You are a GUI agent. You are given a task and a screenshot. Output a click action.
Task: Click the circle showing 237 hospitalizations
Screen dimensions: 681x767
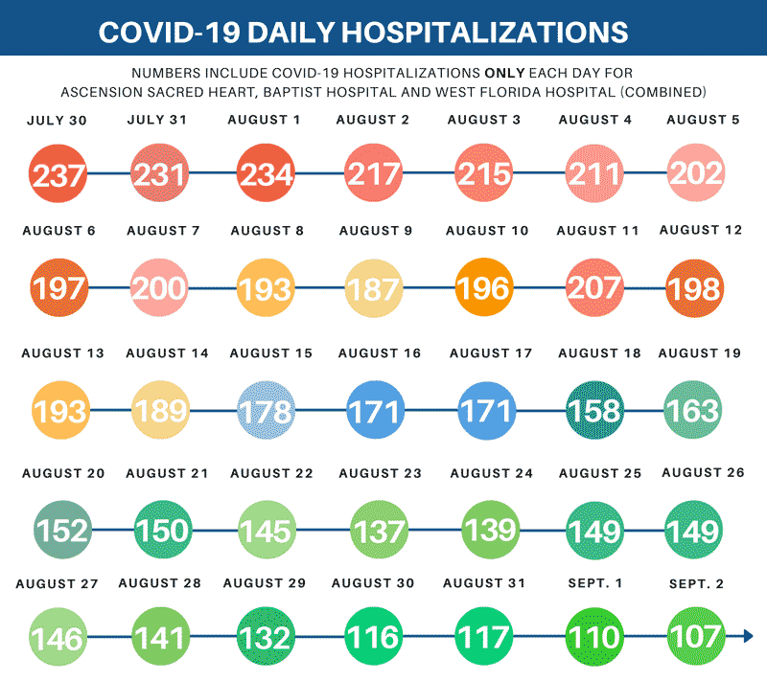tap(58, 174)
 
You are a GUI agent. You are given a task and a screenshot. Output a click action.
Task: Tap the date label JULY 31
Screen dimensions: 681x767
tap(157, 120)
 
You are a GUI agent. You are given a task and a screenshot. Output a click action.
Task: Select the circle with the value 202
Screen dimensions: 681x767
tap(696, 174)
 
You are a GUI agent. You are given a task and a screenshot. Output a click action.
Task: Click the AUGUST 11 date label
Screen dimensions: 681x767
tap(597, 231)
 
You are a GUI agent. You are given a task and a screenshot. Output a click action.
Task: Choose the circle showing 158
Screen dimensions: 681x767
tap(594, 410)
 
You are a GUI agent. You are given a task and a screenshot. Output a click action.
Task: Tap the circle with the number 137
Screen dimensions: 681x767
tap(379, 530)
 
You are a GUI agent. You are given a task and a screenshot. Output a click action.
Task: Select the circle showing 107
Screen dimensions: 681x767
tap(696, 636)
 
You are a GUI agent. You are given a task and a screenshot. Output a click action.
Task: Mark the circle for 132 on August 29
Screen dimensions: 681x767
tap(266, 636)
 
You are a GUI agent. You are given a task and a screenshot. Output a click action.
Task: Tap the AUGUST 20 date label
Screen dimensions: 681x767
tap(62, 473)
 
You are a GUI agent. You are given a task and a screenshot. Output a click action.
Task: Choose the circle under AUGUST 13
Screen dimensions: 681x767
tap(58, 410)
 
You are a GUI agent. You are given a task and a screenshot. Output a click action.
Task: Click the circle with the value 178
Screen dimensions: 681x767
tap(266, 410)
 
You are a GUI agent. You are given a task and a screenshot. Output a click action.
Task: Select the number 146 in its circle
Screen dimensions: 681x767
tap(58, 636)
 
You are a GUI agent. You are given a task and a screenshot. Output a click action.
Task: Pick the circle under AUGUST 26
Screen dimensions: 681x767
tap(696, 530)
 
